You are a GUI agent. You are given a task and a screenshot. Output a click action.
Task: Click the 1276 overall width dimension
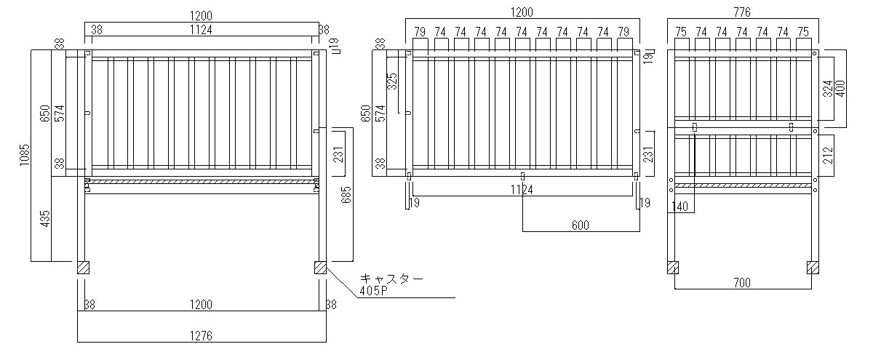(201, 336)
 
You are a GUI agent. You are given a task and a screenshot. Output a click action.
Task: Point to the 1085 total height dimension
(25, 155)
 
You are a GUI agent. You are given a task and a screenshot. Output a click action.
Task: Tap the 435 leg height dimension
(45, 219)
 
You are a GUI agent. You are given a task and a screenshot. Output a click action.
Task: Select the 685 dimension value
(346, 195)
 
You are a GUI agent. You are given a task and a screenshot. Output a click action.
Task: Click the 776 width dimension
(741, 12)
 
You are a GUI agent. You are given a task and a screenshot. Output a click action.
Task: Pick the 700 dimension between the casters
(741, 283)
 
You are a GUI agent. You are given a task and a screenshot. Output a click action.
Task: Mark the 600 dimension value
(580, 225)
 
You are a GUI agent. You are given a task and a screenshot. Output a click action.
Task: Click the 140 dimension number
(680, 207)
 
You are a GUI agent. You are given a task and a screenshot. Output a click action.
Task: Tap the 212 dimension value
(828, 155)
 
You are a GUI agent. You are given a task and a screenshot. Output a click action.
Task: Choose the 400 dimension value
(840, 89)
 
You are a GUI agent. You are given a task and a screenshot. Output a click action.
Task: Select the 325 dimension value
(392, 81)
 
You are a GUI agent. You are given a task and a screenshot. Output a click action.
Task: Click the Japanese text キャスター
(391, 279)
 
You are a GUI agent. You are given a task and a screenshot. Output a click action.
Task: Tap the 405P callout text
(373, 291)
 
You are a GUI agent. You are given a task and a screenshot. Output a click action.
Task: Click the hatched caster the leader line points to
(320, 268)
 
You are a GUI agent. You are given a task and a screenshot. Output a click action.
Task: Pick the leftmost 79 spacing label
(420, 31)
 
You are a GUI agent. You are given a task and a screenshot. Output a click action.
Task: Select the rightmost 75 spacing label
(803, 31)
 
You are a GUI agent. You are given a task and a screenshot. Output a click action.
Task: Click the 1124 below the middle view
(522, 190)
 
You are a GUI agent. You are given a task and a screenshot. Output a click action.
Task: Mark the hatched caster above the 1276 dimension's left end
(83, 268)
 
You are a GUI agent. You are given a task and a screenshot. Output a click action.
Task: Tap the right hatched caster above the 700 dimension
(813, 268)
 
